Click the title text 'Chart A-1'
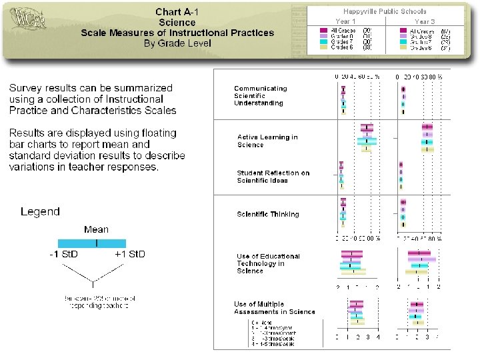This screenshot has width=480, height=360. tap(177, 12)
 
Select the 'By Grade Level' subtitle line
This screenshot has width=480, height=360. tap(177, 43)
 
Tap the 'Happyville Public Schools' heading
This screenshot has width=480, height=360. tap(385, 11)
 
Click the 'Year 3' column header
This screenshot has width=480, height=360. tap(425, 21)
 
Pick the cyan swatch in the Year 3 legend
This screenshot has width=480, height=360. tap(403, 41)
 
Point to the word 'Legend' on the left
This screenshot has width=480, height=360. tap(40, 212)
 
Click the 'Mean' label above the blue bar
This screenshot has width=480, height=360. tap(97, 230)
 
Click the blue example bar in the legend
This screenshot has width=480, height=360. tap(92, 243)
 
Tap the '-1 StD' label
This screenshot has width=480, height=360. tap(64, 255)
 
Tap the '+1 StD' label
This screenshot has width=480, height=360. tap(129, 255)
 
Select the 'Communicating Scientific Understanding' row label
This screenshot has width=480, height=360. tap(260, 95)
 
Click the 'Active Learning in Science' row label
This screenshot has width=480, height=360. tap(267, 141)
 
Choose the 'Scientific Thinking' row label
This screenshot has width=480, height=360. tap(267, 215)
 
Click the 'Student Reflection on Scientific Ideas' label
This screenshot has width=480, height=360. tap(273, 177)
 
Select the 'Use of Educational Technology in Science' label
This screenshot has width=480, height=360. tap(268, 263)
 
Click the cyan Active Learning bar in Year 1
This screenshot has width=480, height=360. tap(367, 141)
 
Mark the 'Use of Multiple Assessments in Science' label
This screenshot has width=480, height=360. tap(274, 308)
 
